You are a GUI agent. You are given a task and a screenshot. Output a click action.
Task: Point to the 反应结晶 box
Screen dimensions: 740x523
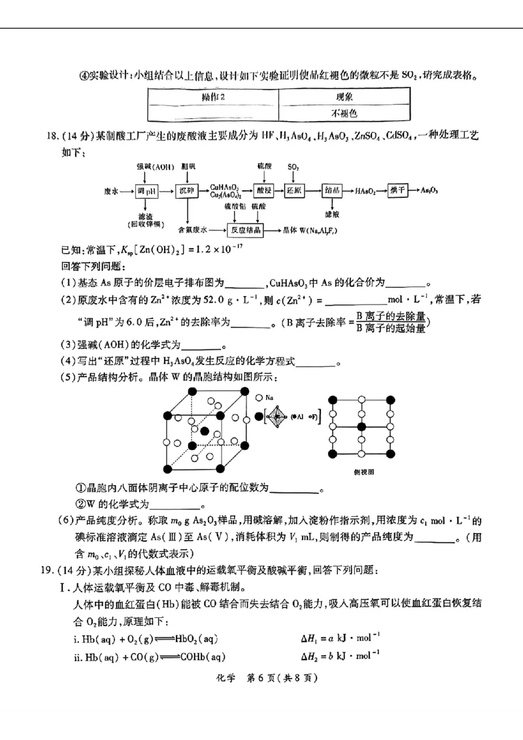(245, 231)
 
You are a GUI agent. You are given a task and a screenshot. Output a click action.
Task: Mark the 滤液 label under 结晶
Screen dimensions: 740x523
(331, 213)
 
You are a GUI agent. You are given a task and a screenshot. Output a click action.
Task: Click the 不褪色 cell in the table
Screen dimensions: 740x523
(344, 113)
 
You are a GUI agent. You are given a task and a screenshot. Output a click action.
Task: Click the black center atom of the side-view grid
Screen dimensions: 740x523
(361, 426)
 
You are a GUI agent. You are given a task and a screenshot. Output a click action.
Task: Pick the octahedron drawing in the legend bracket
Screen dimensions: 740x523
(278, 416)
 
